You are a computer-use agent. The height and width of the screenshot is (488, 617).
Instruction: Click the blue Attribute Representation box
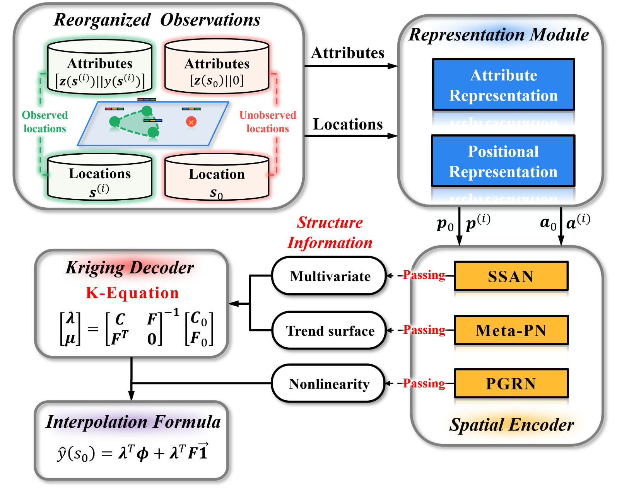click(503, 85)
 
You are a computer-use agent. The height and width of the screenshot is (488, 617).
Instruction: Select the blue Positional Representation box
click(503, 161)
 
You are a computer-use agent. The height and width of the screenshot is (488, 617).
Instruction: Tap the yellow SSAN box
click(511, 276)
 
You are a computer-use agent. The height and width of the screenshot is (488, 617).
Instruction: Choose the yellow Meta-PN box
click(511, 330)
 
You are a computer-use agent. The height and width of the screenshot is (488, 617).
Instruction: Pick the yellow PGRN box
click(511, 384)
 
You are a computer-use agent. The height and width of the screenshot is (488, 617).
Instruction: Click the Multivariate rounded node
click(329, 276)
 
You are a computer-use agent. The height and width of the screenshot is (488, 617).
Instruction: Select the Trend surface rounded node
click(329, 330)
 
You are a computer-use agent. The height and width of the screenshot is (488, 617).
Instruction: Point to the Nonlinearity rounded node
click(328, 384)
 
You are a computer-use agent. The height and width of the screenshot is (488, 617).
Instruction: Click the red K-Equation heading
click(132, 293)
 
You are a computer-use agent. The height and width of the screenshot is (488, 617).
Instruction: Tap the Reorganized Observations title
click(157, 20)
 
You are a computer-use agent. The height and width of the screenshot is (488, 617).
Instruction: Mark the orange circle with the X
click(191, 122)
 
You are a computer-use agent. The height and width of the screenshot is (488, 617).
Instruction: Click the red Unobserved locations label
click(268, 122)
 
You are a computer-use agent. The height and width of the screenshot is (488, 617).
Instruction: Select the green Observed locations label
click(45, 122)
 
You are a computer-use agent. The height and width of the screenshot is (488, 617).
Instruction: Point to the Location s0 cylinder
click(217, 177)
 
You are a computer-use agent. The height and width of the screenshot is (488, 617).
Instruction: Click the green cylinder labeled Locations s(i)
click(99, 176)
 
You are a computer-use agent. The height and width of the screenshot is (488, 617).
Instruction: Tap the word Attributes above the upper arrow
click(348, 53)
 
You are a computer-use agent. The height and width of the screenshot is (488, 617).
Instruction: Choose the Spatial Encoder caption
click(511, 424)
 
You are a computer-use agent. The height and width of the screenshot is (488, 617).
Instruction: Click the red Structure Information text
click(330, 232)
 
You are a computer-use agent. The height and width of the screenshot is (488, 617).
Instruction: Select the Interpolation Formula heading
click(133, 422)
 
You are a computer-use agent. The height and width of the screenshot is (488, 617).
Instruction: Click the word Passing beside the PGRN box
click(424, 384)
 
